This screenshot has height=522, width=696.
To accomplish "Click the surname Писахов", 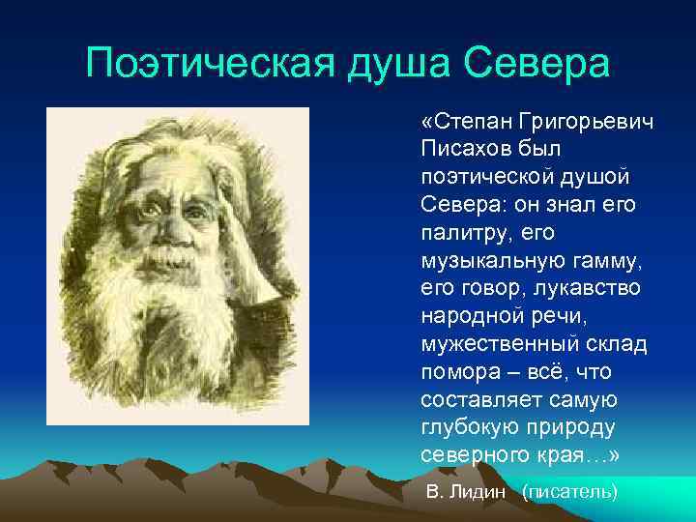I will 463,150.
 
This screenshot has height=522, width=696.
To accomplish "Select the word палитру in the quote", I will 462,233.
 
